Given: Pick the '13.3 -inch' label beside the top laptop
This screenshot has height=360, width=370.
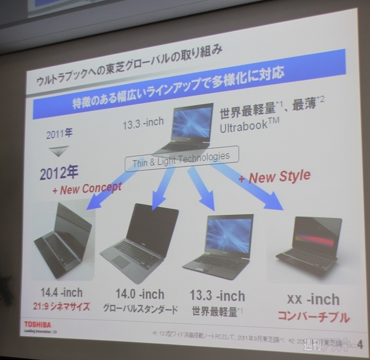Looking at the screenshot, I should [x=142, y=122].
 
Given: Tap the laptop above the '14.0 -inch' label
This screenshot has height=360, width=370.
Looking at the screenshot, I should [x=140, y=238].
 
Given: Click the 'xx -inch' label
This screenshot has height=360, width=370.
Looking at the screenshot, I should [x=313, y=299].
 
